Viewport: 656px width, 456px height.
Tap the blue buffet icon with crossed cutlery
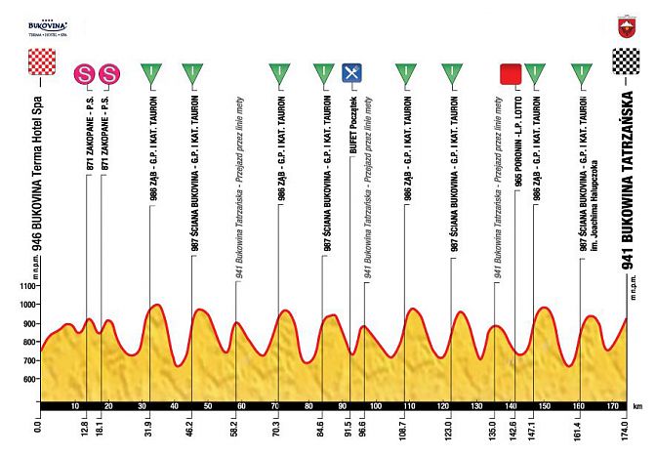tap(352, 72)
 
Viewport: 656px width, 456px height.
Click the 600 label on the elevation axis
tap(21, 380)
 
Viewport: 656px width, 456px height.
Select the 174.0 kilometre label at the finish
tap(623, 427)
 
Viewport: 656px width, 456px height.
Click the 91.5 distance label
tap(344, 427)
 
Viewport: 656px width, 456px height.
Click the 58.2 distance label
tap(235, 427)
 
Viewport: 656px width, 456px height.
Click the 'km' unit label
tap(638, 404)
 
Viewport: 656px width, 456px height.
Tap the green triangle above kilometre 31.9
tap(150, 73)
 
